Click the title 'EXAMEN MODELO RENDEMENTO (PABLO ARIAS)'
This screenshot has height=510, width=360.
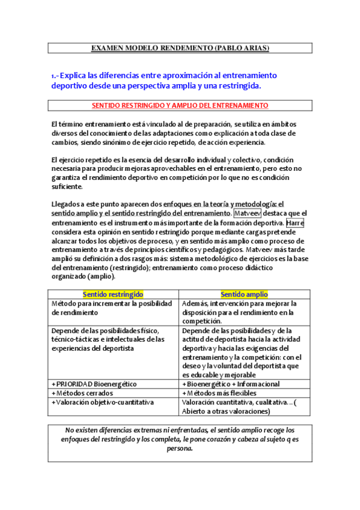click(x=180, y=48)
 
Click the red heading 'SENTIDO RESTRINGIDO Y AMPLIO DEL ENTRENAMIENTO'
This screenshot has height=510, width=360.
click(x=180, y=105)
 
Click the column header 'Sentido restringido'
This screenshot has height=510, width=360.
click(x=113, y=295)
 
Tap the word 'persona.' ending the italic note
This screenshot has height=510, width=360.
click(x=180, y=449)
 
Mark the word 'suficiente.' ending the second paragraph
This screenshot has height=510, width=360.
click(x=69, y=187)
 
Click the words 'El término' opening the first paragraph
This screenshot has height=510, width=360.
click(x=67, y=124)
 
